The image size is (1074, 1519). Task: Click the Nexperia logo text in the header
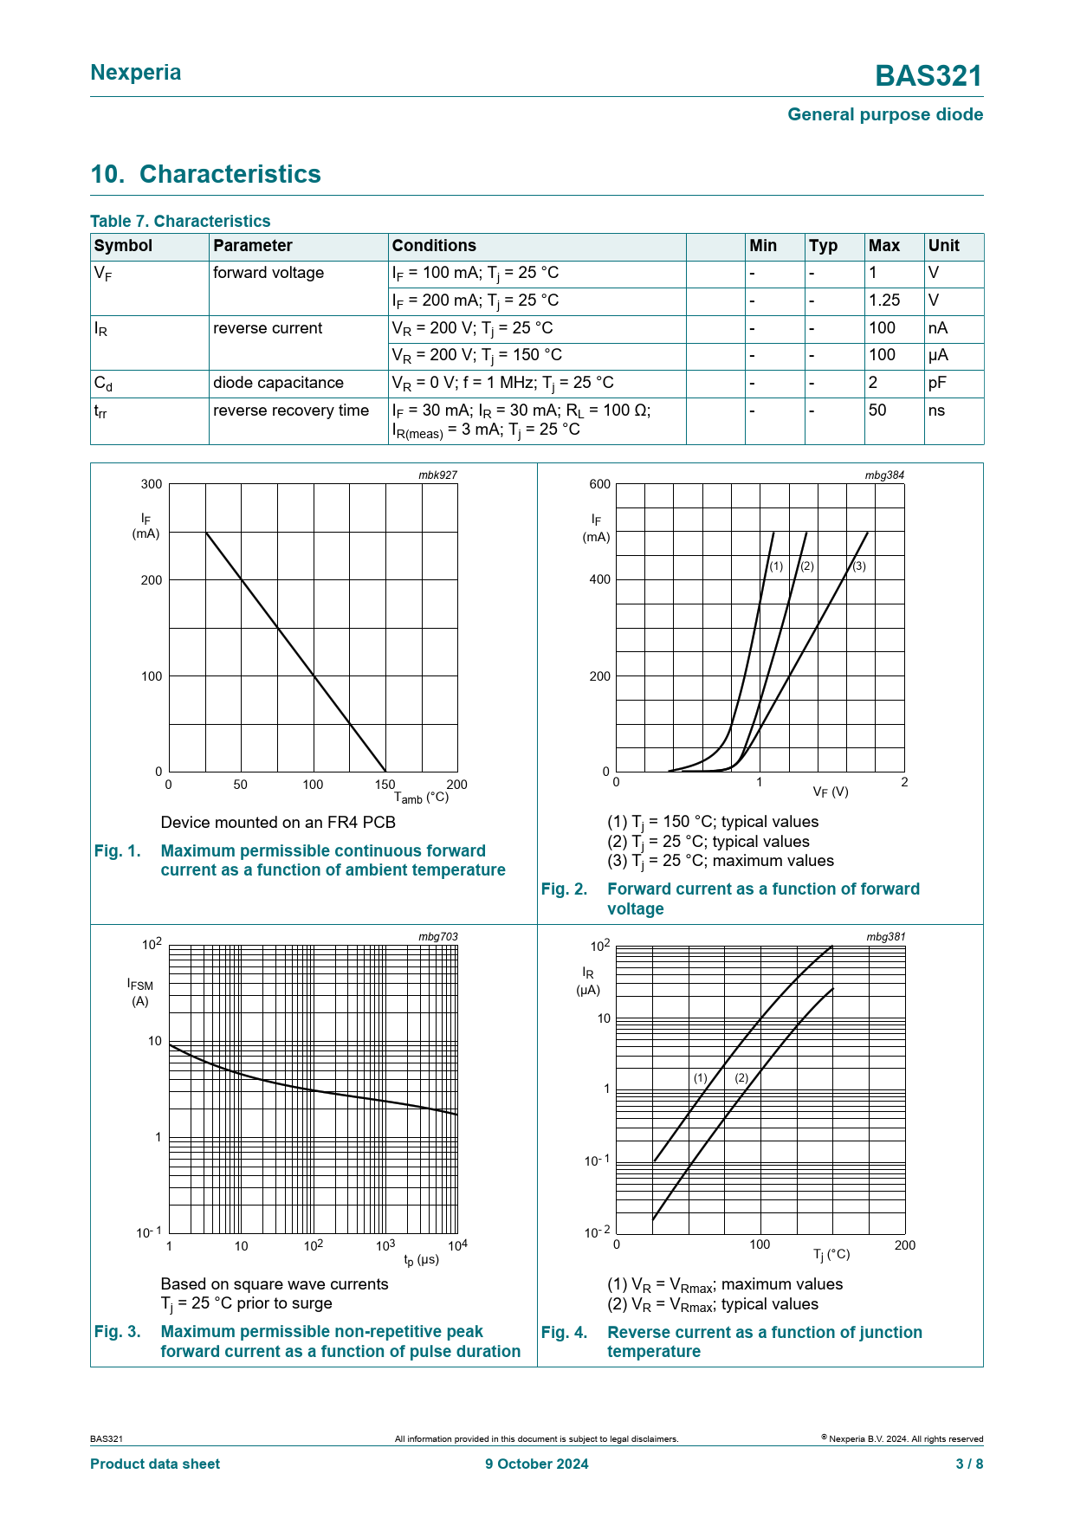(136, 73)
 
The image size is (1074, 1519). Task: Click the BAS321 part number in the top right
(928, 76)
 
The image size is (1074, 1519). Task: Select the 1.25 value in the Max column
(884, 301)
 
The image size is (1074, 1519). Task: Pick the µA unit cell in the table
(938, 355)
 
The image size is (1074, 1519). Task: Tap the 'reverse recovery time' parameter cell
(291, 410)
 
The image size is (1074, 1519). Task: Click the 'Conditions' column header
(434, 246)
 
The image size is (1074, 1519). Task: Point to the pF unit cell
(937, 383)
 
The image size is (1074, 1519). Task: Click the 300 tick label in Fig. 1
(152, 484)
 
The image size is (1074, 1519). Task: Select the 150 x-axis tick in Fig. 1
(385, 785)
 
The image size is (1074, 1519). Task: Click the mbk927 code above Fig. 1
(437, 475)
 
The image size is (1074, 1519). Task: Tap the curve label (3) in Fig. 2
(858, 566)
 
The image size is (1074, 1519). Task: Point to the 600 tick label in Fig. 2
(599, 484)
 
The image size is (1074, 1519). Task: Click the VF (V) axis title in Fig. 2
(831, 792)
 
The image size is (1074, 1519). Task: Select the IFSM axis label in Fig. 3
(139, 984)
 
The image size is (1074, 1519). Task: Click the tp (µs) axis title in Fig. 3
(422, 1259)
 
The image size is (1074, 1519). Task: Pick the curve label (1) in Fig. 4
(700, 1078)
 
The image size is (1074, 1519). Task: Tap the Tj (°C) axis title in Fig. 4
(831, 1254)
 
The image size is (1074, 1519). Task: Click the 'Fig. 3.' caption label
(117, 1331)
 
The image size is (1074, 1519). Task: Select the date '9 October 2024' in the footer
(536, 1464)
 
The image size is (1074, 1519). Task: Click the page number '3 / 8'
(968, 1464)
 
